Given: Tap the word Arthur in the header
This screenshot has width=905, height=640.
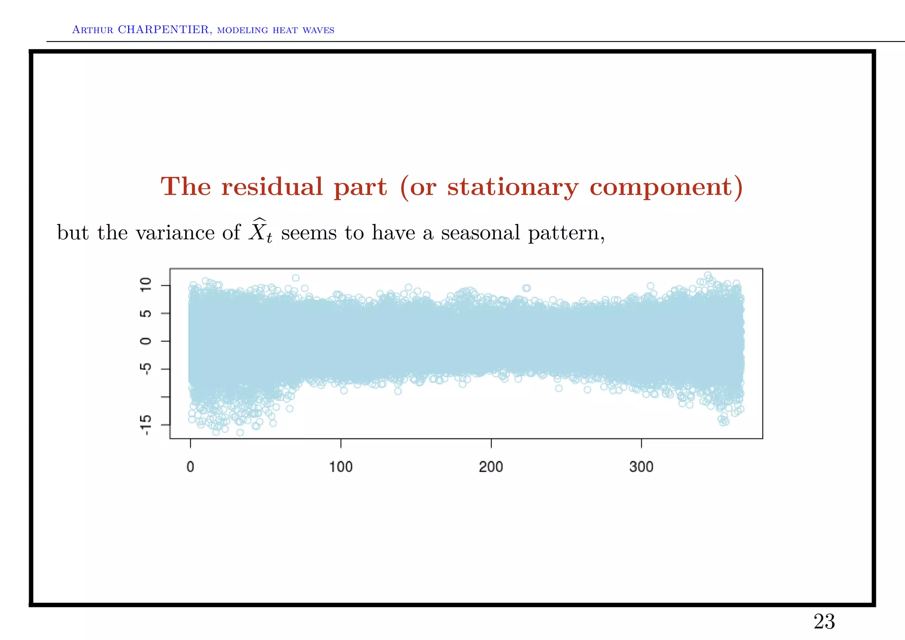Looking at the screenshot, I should (92, 30).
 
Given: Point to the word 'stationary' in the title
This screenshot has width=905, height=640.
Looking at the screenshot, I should (512, 187).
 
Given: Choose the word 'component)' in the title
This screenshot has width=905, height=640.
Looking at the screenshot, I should (666, 187).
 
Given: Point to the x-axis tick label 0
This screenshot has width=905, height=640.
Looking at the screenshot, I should (190, 467).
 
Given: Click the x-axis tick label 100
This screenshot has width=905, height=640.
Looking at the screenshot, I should (341, 467).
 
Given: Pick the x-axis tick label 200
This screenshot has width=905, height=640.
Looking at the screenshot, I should (491, 467).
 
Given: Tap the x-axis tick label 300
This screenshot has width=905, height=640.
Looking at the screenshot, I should (641, 467).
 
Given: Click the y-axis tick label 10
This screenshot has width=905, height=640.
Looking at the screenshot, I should (146, 285).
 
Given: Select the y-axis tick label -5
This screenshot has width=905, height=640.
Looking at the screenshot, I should (146, 368).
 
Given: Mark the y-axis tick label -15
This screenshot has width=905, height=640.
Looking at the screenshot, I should (146, 425).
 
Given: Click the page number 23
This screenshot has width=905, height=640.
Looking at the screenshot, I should (824, 622).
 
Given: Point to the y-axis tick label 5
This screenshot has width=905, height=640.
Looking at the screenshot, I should (146, 313).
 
